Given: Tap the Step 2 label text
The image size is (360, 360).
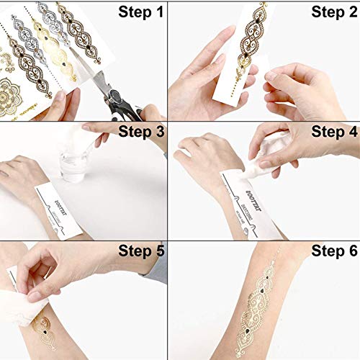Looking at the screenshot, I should pos(328,12).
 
